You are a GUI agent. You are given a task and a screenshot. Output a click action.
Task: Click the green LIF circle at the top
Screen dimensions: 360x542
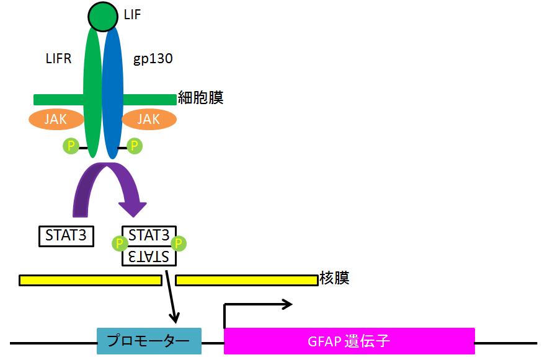click(x=102, y=16)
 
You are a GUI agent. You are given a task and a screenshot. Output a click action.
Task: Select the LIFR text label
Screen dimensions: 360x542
click(x=60, y=59)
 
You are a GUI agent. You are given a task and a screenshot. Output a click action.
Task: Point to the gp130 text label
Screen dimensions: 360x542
click(x=153, y=59)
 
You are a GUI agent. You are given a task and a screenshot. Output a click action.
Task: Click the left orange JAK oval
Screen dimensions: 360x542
click(x=56, y=119)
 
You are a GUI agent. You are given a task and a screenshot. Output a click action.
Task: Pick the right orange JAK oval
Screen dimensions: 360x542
click(x=148, y=119)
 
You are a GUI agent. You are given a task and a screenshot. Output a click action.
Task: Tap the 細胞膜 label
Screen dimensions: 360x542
click(x=200, y=98)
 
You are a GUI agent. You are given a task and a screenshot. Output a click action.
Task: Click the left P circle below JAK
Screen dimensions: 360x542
click(x=71, y=146)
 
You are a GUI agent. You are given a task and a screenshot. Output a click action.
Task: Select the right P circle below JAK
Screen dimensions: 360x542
click(x=134, y=146)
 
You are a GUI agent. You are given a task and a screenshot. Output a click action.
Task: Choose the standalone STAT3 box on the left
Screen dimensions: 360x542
click(x=66, y=235)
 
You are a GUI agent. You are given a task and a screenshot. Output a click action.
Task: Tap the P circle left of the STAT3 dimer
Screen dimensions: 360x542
click(x=119, y=243)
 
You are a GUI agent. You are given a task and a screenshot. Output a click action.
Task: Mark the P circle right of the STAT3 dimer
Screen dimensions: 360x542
click(x=179, y=243)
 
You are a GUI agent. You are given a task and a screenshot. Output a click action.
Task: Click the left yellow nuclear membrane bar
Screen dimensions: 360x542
click(x=90, y=280)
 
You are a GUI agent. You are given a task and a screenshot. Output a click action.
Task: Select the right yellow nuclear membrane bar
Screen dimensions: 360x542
click(x=246, y=280)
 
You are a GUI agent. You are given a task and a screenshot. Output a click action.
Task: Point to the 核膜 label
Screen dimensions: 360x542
click(x=335, y=278)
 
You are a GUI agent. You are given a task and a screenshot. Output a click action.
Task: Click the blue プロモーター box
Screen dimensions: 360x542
click(x=149, y=341)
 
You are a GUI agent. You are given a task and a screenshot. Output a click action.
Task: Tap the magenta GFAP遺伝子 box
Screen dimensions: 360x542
click(x=349, y=341)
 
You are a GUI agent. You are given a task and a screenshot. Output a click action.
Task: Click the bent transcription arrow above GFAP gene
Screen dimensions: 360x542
click(x=254, y=305)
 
